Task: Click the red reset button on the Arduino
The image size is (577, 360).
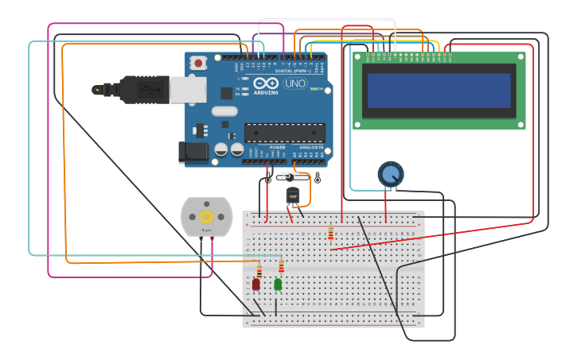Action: click(x=197, y=61)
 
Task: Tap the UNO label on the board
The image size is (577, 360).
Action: click(x=295, y=83)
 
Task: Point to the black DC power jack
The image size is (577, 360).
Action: click(x=194, y=151)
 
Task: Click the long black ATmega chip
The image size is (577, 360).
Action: click(x=284, y=132)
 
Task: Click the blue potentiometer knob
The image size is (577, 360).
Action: click(x=390, y=174)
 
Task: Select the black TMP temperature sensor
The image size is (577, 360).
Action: click(x=293, y=195)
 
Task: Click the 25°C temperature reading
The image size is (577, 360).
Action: click(x=290, y=176)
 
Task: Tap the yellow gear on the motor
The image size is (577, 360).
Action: click(x=207, y=216)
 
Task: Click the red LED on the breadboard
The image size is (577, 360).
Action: click(x=256, y=284)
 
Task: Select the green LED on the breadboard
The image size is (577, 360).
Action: click(x=278, y=284)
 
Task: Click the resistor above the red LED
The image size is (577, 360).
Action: click(x=259, y=271)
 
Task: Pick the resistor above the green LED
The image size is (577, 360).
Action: click(x=281, y=265)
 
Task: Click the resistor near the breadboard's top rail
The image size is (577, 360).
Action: click(x=331, y=232)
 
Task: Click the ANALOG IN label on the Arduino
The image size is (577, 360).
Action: click(x=311, y=147)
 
